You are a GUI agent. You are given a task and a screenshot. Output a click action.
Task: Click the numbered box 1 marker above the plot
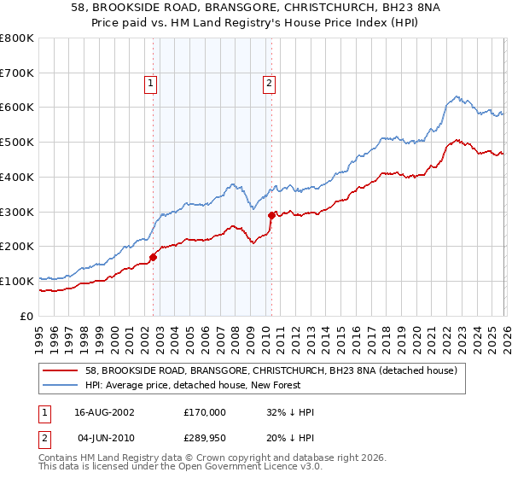click(150, 83)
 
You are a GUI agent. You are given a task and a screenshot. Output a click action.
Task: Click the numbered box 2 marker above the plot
click(269, 83)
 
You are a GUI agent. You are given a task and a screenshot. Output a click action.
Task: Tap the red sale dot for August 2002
click(154, 256)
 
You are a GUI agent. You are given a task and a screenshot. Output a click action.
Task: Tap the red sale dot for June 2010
click(271, 215)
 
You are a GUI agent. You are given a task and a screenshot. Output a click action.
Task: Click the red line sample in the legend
click(61, 370)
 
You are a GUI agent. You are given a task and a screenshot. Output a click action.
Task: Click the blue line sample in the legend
click(61, 385)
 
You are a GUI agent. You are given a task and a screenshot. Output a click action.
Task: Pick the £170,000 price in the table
click(205, 412)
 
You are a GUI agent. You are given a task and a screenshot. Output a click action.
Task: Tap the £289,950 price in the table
click(205, 437)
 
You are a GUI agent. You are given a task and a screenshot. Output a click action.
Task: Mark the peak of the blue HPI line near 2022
click(457, 96)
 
